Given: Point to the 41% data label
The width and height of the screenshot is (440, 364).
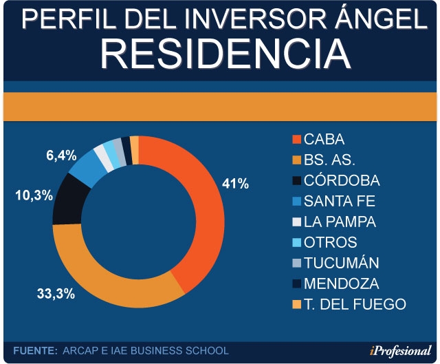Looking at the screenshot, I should click(x=234, y=184).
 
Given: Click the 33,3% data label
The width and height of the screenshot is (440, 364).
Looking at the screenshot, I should click(x=56, y=294).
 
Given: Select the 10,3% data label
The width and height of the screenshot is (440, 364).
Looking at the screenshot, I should click(x=34, y=195).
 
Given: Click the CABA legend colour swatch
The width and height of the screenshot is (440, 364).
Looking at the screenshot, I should click(x=296, y=140).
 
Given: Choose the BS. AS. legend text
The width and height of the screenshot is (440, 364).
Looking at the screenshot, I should click(x=329, y=160).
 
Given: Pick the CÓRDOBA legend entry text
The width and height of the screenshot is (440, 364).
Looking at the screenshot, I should click(x=342, y=181).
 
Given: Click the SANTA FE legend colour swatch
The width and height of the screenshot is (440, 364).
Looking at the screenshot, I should click(x=296, y=202).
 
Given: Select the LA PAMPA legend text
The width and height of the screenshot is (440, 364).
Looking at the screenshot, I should click(x=340, y=222).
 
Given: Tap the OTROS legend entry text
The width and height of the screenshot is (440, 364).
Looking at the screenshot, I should click(x=331, y=243).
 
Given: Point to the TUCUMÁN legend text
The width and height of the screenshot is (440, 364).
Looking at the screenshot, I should click(x=341, y=264).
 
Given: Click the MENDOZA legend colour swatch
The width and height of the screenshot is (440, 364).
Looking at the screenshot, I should click(x=296, y=283).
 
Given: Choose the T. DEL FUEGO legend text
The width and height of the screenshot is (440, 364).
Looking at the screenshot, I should click(x=355, y=304).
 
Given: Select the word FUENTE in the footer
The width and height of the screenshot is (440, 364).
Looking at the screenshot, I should click(x=34, y=351).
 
